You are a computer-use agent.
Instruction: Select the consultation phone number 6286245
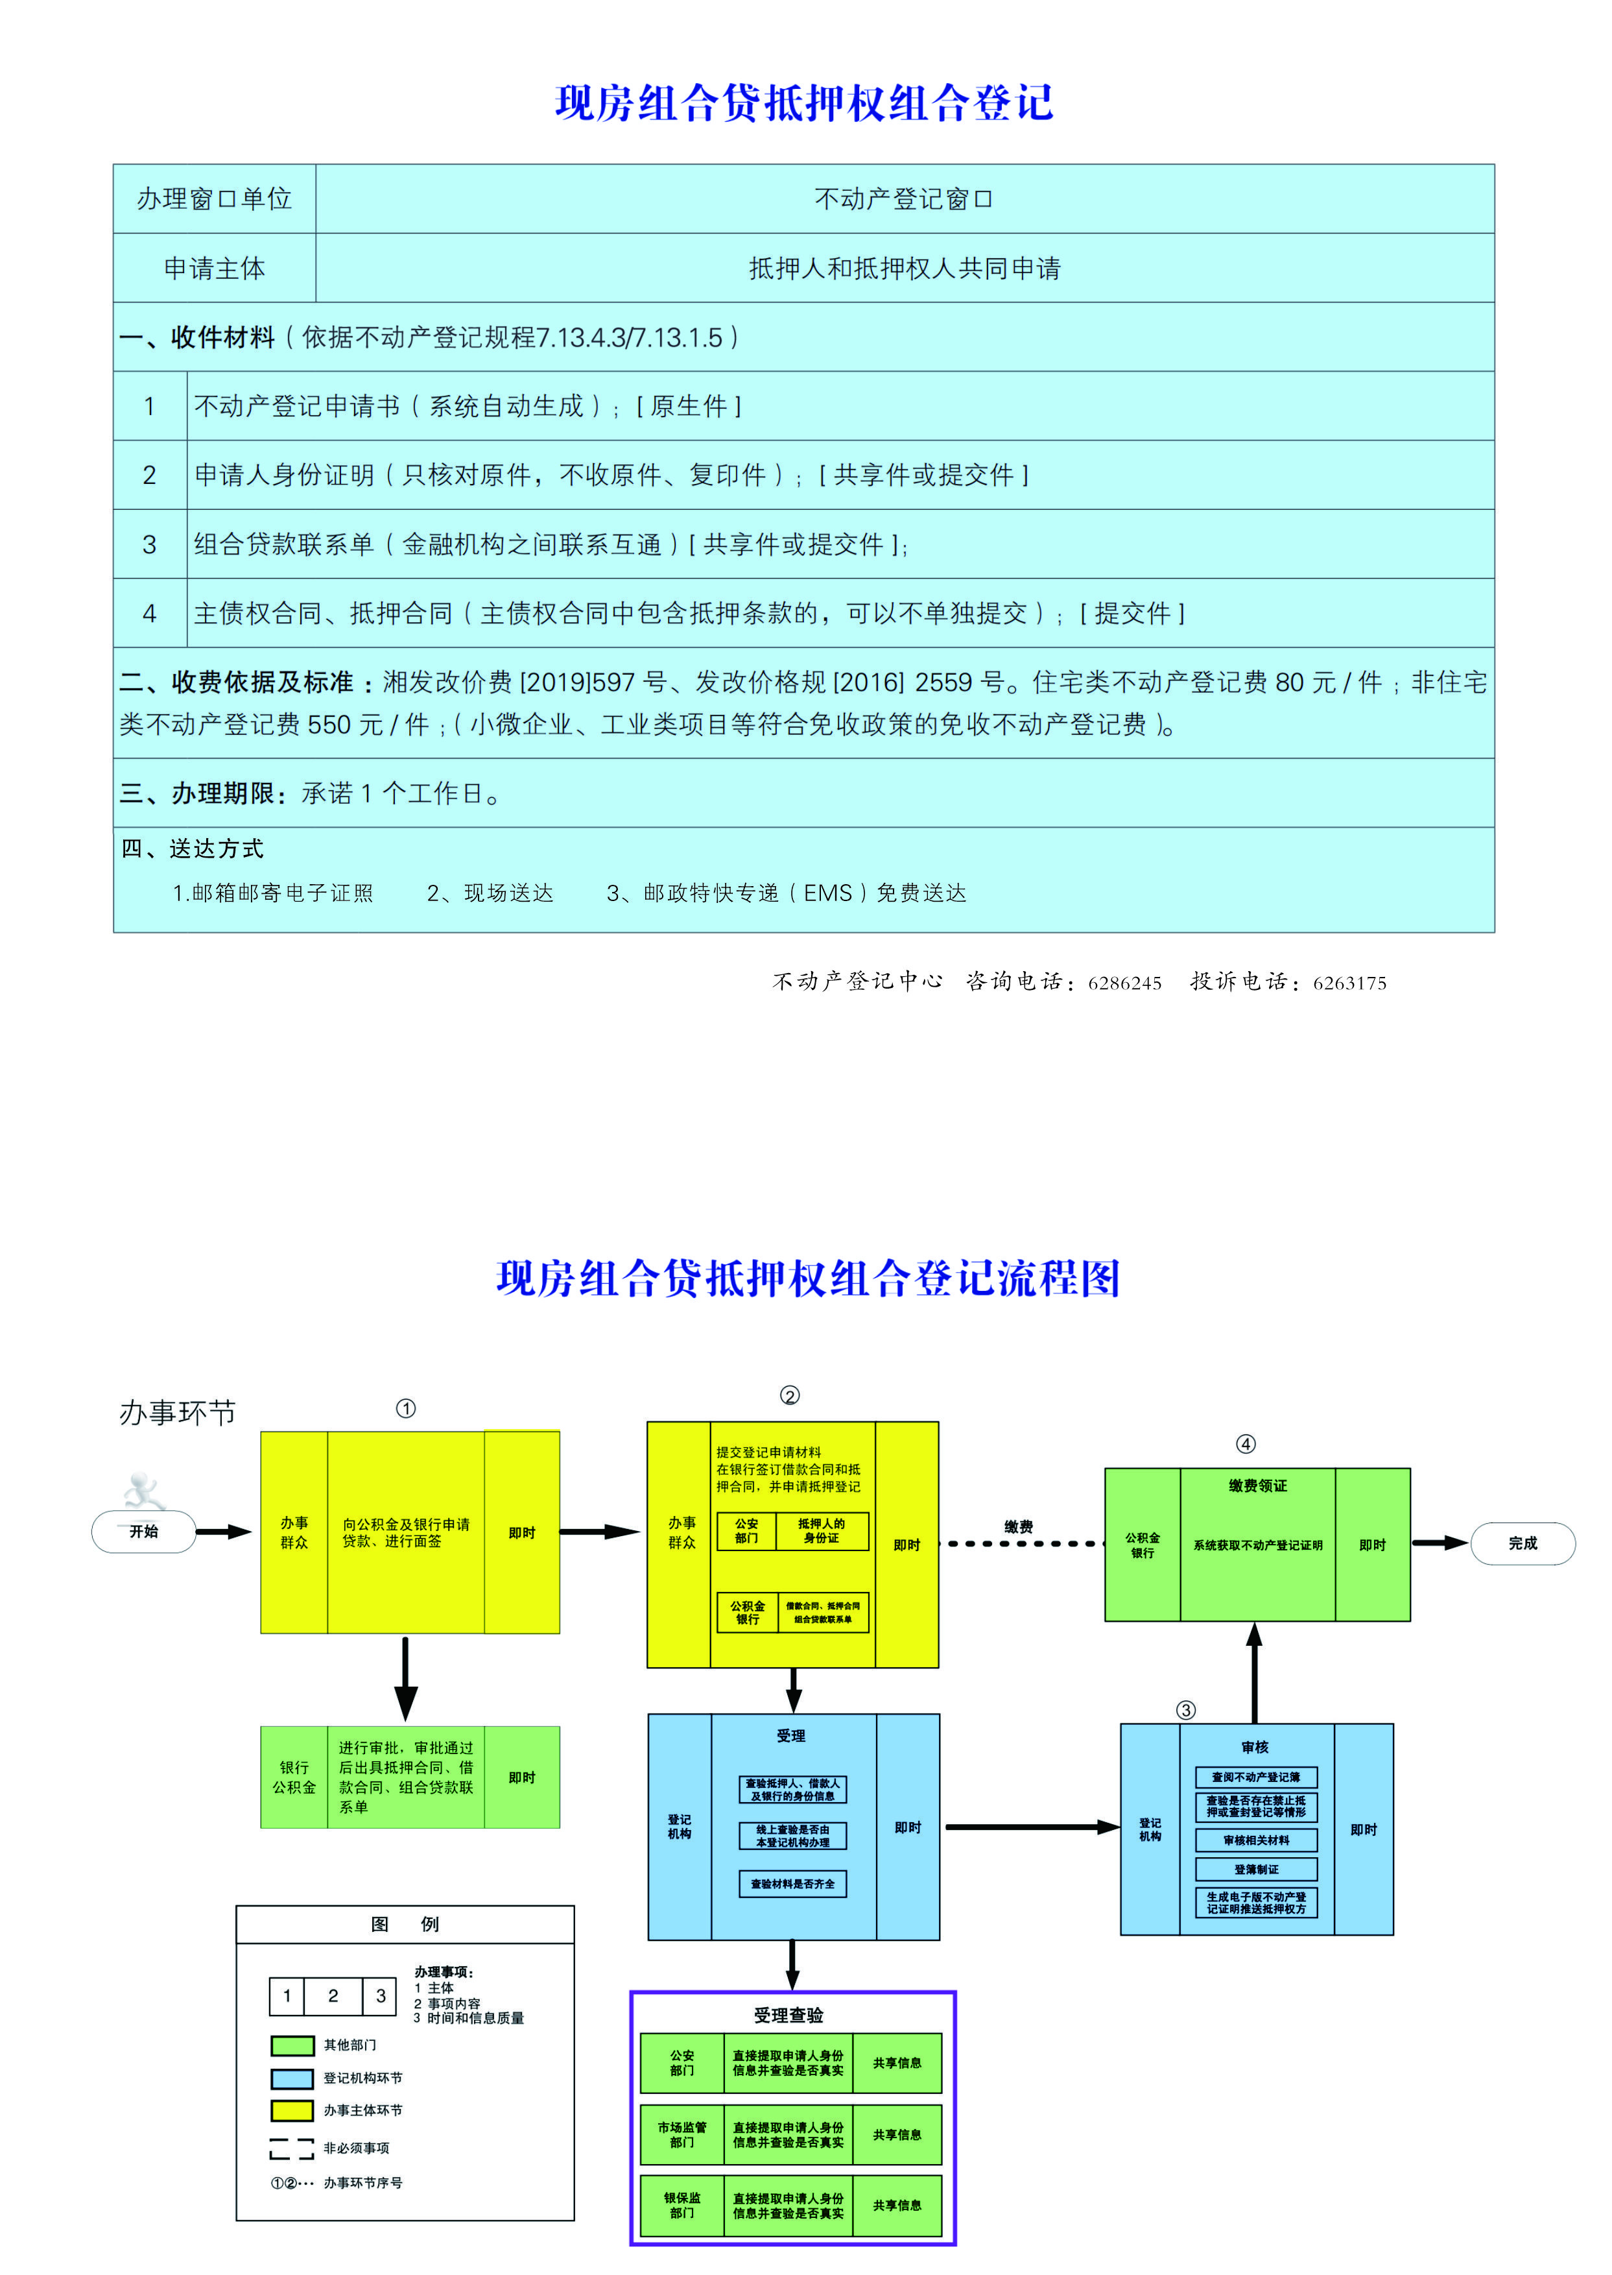pyautogui.click(x=1124, y=983)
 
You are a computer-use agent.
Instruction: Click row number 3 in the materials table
pyautogui.click(x=150, y=544)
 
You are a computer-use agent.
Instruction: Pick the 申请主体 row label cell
pyautogui.click(x=215, y=268)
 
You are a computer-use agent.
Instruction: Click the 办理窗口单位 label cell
pyautogui.click(x=215, y=199)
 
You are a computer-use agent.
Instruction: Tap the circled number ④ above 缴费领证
pyautogui.click(x=1245, y=1444)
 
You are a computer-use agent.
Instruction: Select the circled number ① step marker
pyautogui.click(x=406, y=1408)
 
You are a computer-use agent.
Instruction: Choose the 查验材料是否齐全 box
pyautogui.click(x=792, y=1884)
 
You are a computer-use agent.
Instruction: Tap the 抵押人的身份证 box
pyautogui.click(x=821, y=1530)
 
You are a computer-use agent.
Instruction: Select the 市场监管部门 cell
pyautogui.click(x=682, y=2134)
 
